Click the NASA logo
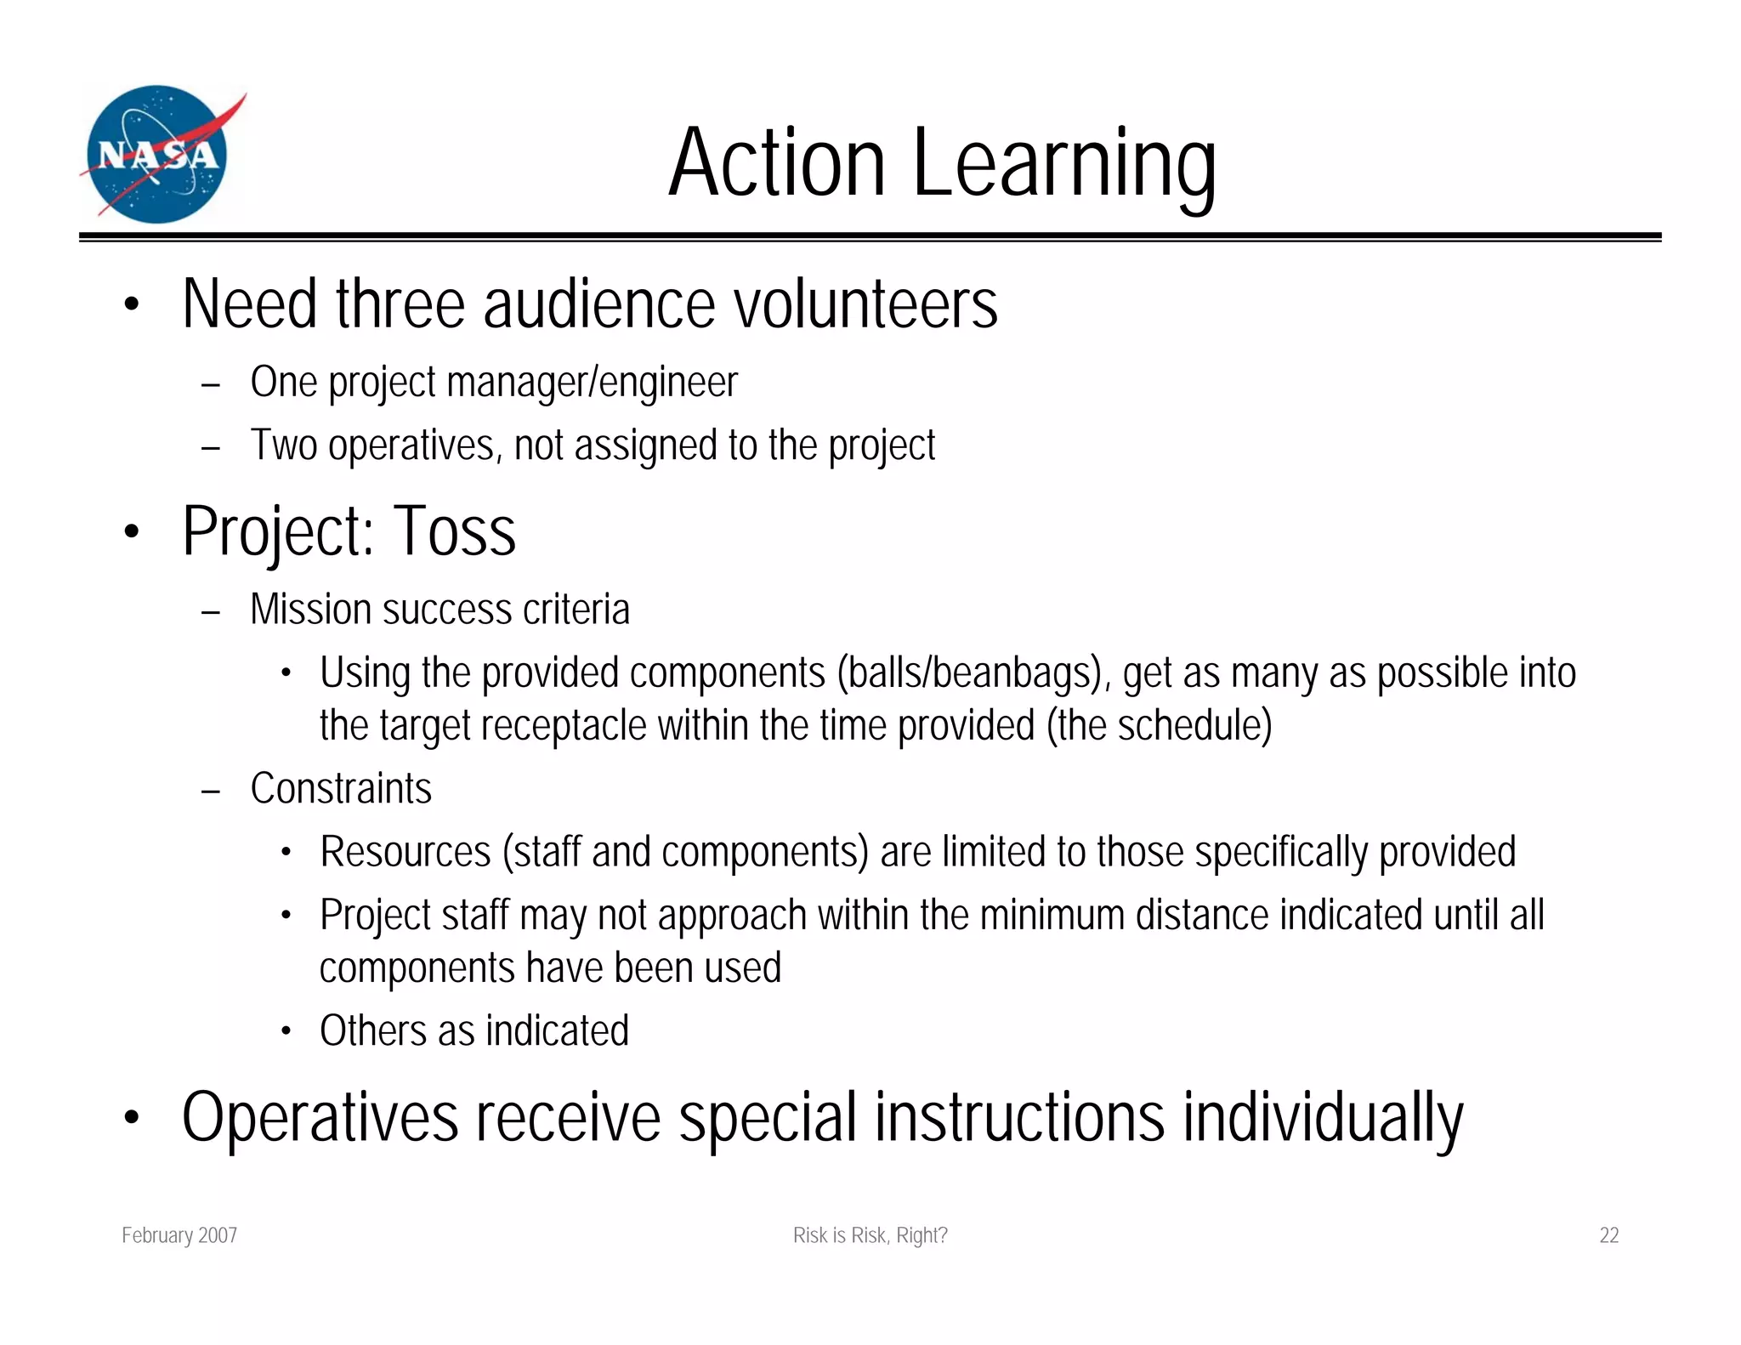click(158, 155)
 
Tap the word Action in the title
click(777, 163)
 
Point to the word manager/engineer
click(592, 383)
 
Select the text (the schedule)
click(1159, 726)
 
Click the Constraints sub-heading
click(341, 789)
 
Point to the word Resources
click(405, 852)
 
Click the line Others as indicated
click(474, 1031)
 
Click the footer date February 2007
click(179, 1235)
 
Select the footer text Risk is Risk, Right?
click(870, 1235)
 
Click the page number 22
click(1608, 1235)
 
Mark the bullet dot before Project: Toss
click(130, 532)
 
